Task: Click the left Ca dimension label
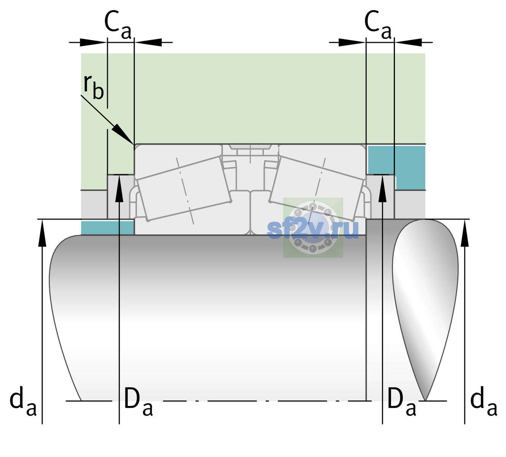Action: pyautogui.click(x=118, y=25)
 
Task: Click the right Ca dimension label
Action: pyautogui.click(x=378, y=25)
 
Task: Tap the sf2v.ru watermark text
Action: pyautogui.click(x=313, y=229)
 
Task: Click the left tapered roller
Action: pyautogui.click(x=184, y=189)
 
